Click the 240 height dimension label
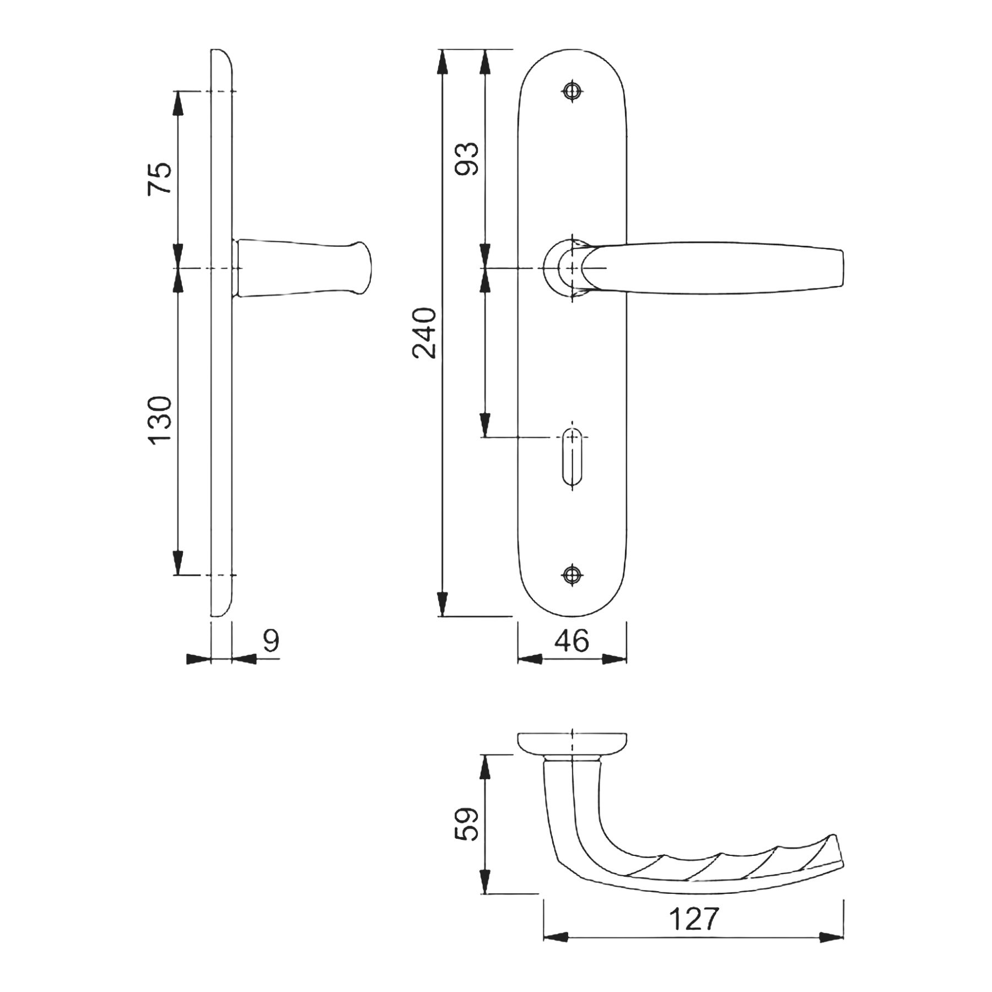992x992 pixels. pyautogui.click(x=425, y=333)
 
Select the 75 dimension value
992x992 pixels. pyautogui.click(x=160, y=179)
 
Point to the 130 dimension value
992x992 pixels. pyautogui.click(x=160, y=420)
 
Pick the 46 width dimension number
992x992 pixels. pyautogui.click(x=572, y=640)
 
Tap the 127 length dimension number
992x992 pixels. pyautogui.click(x=694, y=918)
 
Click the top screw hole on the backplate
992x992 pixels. pyautogui.click(x=573, y=91)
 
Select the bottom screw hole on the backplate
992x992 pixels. pyautogui.click(x=573, y=575)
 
